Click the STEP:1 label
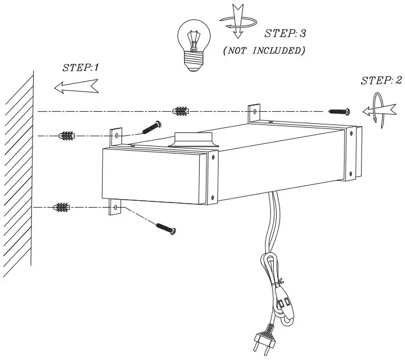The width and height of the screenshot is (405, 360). coord(80,67)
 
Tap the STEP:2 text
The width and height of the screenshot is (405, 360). coord(380,80)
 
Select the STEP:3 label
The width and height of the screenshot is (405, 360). coord(285,34)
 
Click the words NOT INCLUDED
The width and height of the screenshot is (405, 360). coord(264,51)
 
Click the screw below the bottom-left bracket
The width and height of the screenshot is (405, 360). coord(165,228)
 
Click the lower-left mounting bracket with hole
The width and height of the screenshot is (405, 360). coord(116,208)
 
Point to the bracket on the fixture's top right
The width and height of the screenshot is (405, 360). coord(253,113)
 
